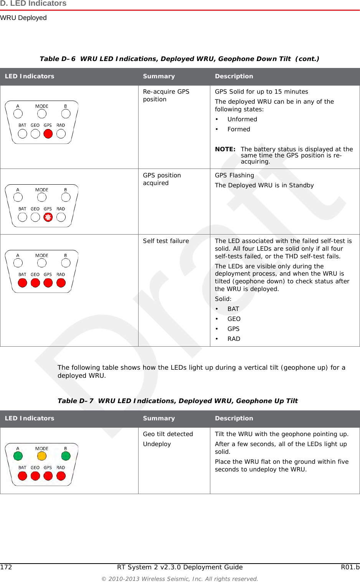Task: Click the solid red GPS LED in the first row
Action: point(48,134)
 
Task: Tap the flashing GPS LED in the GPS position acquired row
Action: point(48,217)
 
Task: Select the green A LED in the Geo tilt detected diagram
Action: point(18,456)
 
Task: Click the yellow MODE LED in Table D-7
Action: point(42,456)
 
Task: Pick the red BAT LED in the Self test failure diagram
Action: point(23,283)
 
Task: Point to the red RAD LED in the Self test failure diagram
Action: point(61,283)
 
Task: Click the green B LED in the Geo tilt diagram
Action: point(66,456)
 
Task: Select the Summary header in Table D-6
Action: point(159,76)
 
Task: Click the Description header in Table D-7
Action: point(234,418)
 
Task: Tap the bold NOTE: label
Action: point(225,149)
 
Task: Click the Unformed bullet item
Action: point(242,119)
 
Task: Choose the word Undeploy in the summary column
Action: point(157,444)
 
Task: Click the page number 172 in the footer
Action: point(6,567)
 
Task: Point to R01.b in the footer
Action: point(350,567)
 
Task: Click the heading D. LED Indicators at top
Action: point(33,4)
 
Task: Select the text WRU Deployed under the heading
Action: point(23,18)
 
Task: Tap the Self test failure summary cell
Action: point(166,241)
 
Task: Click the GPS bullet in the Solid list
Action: point(233,329)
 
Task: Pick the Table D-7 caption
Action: point(177,401)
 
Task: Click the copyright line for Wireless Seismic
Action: point(180,579)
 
